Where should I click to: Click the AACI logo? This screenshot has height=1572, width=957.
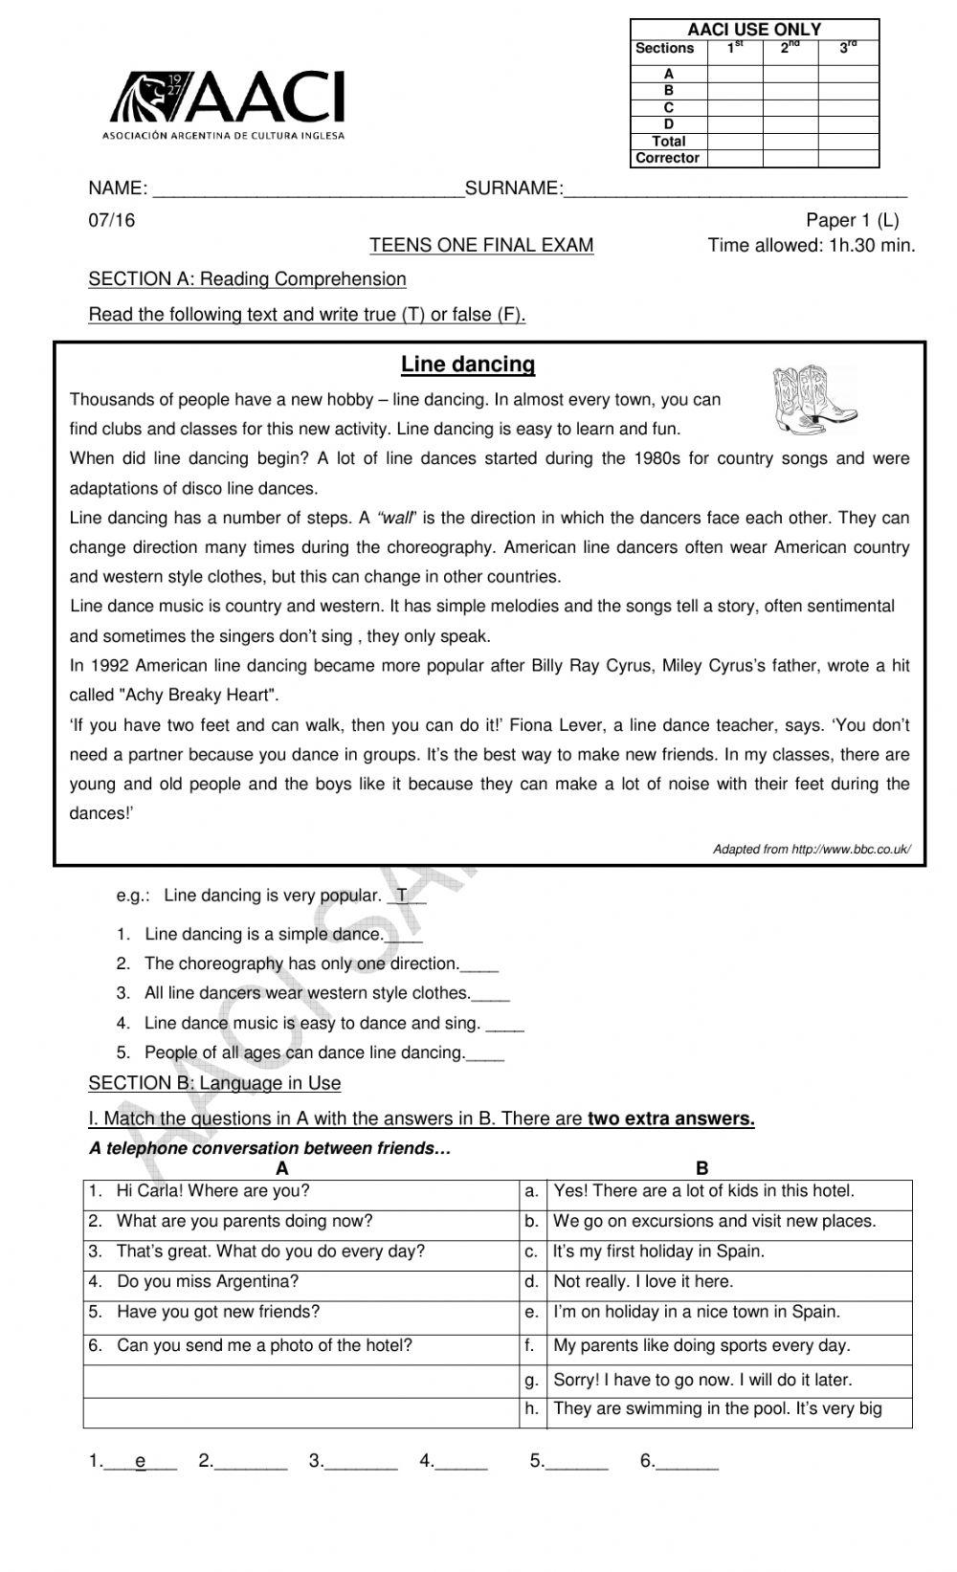coord(226,103)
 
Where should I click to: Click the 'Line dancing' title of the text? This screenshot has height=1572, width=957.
coord(468,365)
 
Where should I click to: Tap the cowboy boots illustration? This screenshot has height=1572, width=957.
coord(812,398)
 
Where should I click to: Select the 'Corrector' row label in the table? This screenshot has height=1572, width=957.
coord(668,158)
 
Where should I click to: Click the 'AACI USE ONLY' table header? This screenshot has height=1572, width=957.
coord(754,30)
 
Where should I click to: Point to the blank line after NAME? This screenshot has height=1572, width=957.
coord(308,189)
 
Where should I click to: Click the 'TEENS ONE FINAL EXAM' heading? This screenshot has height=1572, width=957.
coord(481,246)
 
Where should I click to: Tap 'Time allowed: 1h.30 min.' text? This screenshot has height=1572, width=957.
coord(811,246)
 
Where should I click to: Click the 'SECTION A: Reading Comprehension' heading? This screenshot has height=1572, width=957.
coord(247,279)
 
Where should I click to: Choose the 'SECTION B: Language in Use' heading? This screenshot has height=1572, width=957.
coord(214,1083)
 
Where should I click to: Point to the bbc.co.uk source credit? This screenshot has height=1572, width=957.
coord(812,849)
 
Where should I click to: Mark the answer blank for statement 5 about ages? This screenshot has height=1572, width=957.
coord(485,1054)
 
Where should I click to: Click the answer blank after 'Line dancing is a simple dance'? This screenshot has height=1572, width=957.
coord(404,937)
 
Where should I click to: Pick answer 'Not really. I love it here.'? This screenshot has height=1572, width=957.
coord(643,1282)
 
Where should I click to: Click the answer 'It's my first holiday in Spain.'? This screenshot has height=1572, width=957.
coord(658,1251)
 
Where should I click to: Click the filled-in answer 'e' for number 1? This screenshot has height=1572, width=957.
coord(141,1461)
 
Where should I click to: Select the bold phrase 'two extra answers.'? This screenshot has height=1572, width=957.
coord(671,1118)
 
